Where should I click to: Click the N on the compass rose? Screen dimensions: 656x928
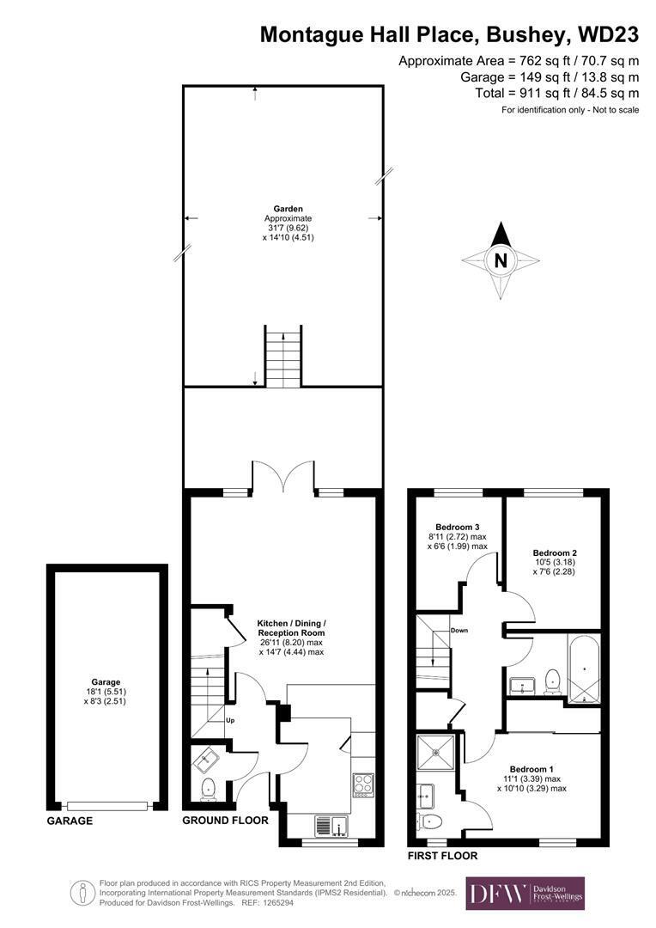click(501, 260)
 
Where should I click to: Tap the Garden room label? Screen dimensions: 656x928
click(288, 208)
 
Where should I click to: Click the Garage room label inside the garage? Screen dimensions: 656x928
click(106, 681)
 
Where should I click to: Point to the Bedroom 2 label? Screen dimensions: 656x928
click(554, 553)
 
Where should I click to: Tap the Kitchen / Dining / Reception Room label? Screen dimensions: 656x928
click(292, 628)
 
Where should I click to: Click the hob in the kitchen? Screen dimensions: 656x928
click(362, 784)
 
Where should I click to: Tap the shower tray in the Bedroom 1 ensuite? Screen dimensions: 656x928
click(436, 754)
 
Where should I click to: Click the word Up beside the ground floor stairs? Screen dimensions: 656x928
click(230, 720)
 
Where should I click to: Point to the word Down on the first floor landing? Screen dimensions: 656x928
click(459, 631)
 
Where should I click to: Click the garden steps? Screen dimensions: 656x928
click(283, 356)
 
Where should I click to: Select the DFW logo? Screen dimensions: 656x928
click(525, 893)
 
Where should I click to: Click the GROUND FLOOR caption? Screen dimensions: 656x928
click(225, 821)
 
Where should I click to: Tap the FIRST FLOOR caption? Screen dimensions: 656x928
click(442, 856)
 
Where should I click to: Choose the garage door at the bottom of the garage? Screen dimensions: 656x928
click(107, 805)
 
